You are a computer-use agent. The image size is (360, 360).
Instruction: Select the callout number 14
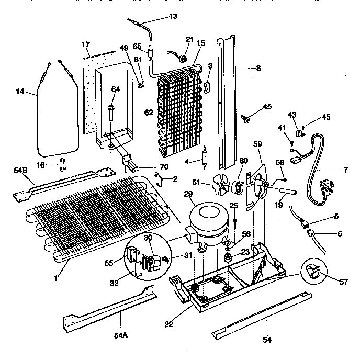[x=19, y=92]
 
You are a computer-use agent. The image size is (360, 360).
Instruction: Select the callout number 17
[x=86, y=46]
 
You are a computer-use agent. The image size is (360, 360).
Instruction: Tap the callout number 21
[x=189, y=40]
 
